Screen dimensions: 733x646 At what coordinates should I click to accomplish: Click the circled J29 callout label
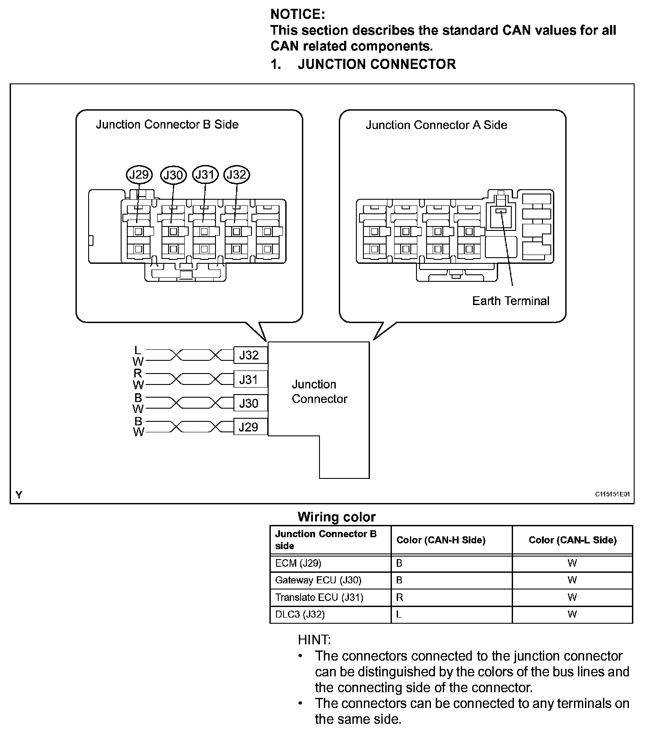pos(139,175)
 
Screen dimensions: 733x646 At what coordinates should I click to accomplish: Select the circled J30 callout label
pos(173,175)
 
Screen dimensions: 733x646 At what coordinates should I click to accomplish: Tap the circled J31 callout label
pos(205,175)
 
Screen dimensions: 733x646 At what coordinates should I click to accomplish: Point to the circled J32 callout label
pos(237,175)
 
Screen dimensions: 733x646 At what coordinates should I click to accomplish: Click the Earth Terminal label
pos(510,301)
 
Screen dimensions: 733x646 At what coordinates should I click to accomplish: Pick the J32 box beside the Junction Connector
pos(249,355)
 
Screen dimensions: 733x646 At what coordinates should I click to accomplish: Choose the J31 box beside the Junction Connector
pos(249,379)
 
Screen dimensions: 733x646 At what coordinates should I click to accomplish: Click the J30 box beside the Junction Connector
pos(249,403)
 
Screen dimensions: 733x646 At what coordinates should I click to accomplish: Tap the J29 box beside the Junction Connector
pos(249,427)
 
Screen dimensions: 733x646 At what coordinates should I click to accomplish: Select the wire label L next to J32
pos(138,350)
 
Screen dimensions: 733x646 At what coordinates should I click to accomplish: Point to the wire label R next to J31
pos(138,374)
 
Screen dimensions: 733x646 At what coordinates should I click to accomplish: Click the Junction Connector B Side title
pos(167,124)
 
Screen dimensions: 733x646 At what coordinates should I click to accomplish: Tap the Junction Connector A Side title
pos(436,125)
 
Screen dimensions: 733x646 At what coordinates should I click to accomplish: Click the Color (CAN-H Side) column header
pos(441,540)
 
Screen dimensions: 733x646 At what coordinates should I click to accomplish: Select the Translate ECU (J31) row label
pos(319,597)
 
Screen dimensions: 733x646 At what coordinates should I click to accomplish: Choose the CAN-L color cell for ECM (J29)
pos(572,563)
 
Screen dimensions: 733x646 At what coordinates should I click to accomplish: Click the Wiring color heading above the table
pos(337,517)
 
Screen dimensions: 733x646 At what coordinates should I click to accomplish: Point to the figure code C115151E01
pos(612,494)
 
